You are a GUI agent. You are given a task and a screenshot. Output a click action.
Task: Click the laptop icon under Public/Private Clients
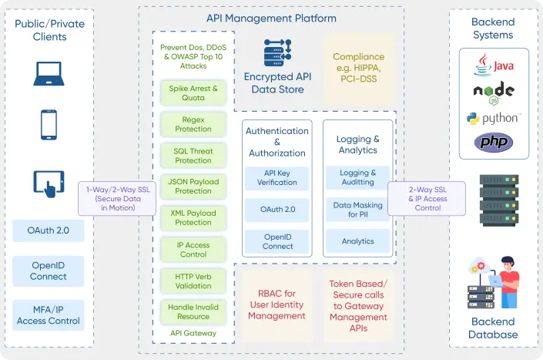[49, 72]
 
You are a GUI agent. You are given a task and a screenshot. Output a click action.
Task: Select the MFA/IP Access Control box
[49, 315]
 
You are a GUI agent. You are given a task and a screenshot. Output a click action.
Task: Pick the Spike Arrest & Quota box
[193, 93]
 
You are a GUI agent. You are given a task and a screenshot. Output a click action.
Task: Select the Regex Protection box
[193, 124]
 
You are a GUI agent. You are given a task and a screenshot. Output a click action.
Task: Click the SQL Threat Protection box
[193, 155]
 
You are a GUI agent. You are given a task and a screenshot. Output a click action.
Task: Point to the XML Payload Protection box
[193, 217]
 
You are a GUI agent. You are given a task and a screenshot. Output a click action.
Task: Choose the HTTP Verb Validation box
[193, 281]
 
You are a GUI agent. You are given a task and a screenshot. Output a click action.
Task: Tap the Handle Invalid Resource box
[193, 311]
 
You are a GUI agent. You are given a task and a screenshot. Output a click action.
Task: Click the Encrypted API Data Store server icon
[277, 52]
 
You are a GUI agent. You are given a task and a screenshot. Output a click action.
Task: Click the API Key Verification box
[277, 177]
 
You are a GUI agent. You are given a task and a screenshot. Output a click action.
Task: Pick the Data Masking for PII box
[357, 210]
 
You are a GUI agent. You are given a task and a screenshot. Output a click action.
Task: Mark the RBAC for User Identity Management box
[277, 304]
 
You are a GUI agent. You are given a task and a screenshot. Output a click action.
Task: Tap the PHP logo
[493, 141]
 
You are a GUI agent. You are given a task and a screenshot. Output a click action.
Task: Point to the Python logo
[493, 118]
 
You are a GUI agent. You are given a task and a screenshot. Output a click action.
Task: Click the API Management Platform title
[271, 18]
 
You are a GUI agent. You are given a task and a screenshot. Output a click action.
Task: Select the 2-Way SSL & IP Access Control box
[427, 197]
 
